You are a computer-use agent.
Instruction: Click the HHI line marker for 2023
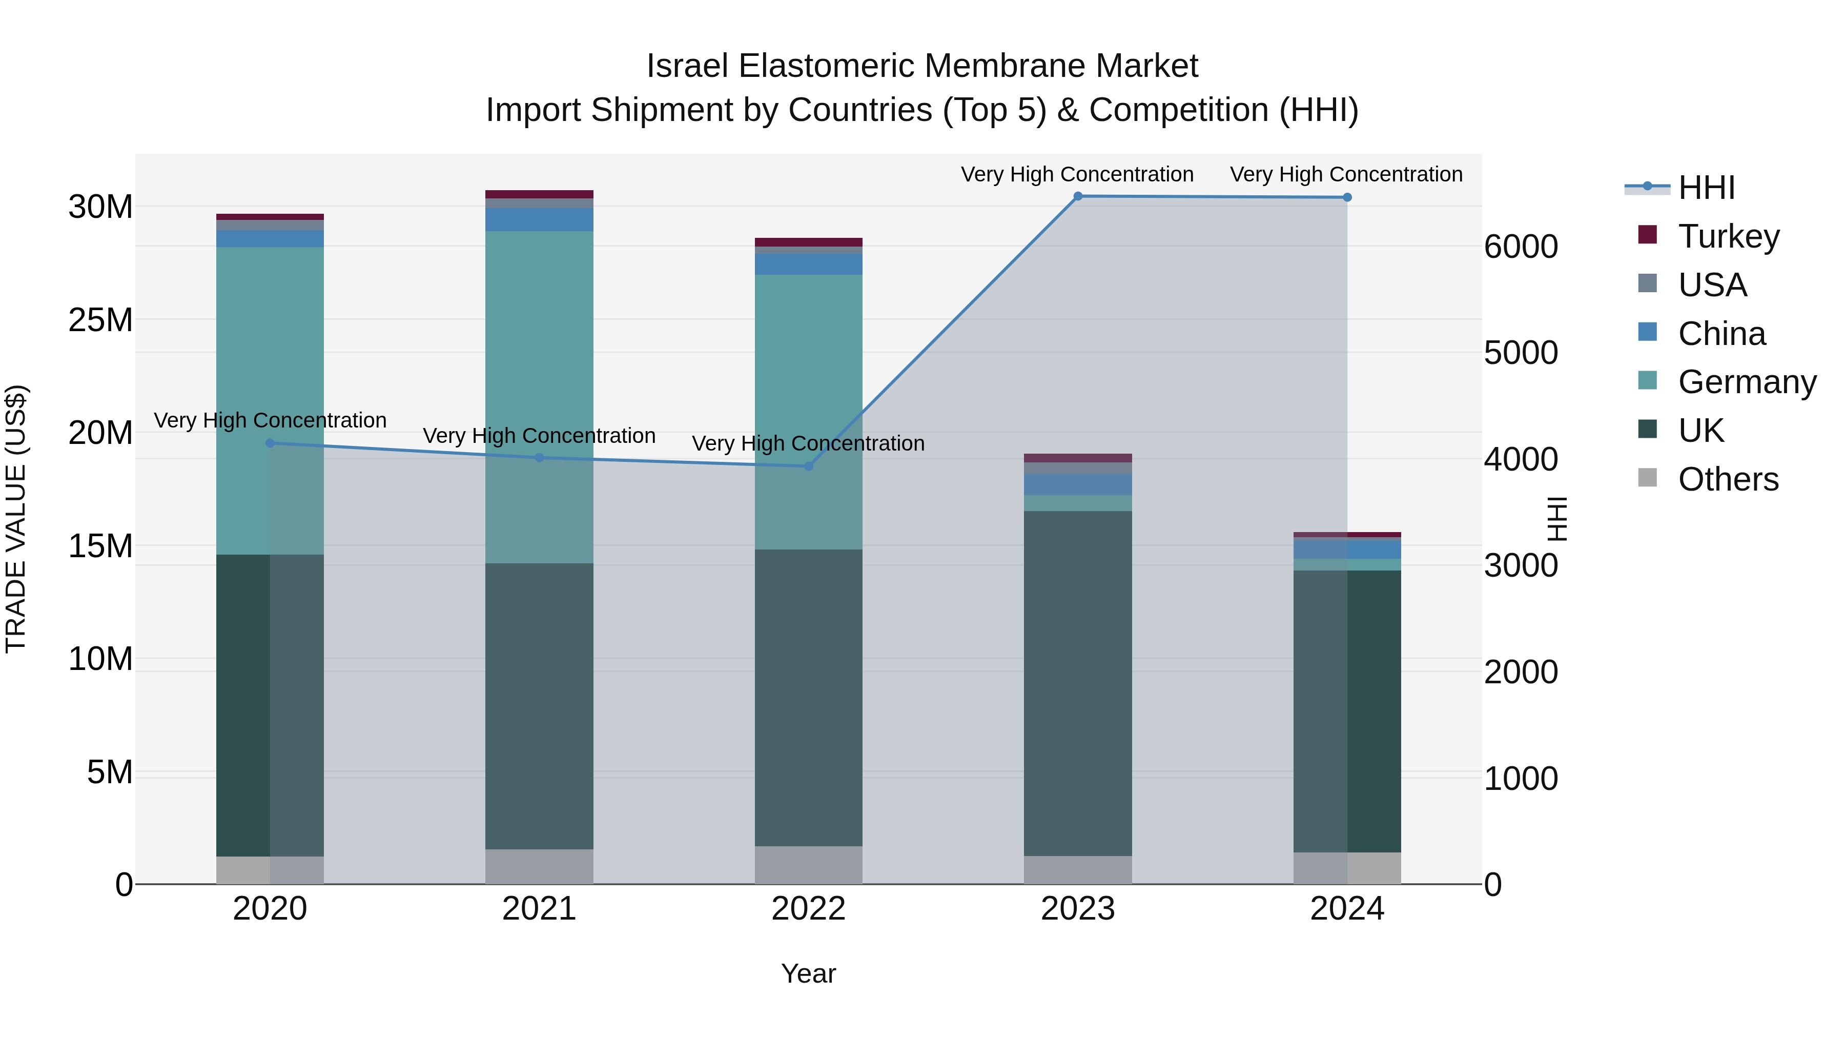[1077, 196]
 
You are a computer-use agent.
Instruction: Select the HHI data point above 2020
[270, 443]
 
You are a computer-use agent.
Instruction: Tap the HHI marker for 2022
[809, 466]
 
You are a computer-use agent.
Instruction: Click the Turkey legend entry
[1728, 236]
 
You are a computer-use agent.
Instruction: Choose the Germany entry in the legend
[1746, 382]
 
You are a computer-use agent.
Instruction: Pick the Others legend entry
[1728, 479]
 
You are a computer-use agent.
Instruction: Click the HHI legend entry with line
[1706, 188]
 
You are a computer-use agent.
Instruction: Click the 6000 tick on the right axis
[1520, 247]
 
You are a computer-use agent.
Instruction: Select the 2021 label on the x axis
[539, 909]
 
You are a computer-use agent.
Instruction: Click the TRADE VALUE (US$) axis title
[16, 519]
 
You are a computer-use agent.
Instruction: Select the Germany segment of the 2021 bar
[539, 394]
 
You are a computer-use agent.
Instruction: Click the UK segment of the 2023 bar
[1077, 681]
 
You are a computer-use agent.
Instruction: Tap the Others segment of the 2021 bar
[539, 866]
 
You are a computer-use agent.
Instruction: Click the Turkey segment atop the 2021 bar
[539, 194]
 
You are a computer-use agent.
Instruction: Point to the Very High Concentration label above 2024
[1346, 174]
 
